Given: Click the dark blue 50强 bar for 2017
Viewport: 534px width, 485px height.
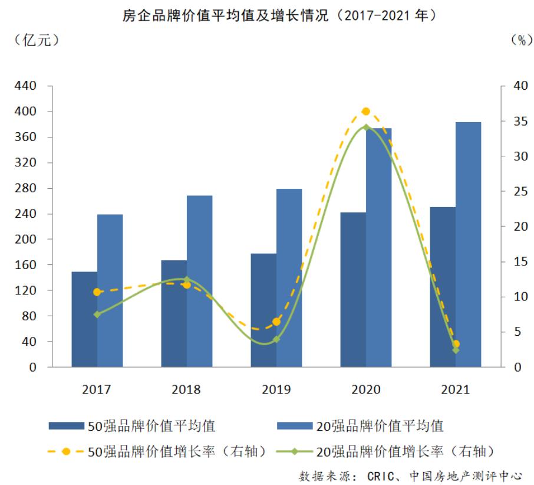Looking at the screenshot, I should (84, 319).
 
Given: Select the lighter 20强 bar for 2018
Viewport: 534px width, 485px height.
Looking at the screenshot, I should (199, 281).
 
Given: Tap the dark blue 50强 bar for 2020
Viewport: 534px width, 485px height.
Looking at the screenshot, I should (352, 290).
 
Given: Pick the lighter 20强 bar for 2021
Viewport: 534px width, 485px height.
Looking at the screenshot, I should (468, 244).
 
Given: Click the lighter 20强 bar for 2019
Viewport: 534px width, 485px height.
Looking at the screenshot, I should (289, 278).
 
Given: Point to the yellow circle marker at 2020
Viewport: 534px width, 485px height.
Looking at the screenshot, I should (365, 112).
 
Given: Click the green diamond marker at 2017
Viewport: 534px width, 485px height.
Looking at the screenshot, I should (97, 314).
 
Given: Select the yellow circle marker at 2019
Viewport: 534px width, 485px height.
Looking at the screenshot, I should (276, 322).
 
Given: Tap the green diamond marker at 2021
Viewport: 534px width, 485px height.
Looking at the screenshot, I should (456, 350).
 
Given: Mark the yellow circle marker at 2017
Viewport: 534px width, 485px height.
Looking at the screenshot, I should (97, 292).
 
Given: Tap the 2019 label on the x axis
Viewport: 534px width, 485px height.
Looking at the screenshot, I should (276, 389).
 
